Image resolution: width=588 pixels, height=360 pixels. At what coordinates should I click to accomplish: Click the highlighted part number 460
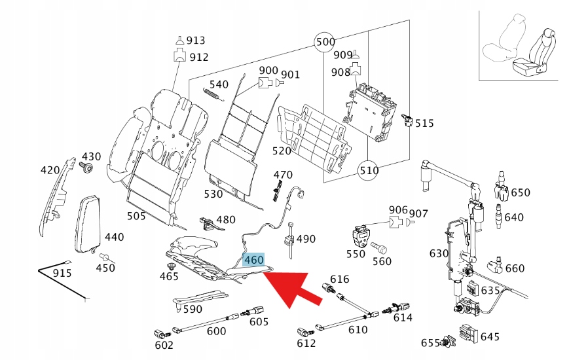253,260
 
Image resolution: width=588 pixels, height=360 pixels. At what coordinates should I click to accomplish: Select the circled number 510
369,171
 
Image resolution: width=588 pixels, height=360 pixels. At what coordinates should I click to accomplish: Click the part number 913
195,40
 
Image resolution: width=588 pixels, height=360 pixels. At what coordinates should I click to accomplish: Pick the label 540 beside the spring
219,84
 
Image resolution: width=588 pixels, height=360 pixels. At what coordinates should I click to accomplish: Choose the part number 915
63,272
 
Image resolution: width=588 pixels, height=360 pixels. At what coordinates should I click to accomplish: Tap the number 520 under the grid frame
281,151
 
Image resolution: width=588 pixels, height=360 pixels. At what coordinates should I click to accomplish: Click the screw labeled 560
378,249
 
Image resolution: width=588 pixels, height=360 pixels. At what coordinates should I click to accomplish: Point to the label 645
489,336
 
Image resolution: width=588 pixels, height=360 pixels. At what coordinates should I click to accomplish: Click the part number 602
164,345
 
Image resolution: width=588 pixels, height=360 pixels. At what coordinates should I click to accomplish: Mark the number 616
340,279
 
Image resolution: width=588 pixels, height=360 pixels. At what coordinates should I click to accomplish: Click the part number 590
193,309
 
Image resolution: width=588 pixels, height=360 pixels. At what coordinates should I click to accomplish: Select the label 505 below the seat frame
136,216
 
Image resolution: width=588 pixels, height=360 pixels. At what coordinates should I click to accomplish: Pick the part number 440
114,237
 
